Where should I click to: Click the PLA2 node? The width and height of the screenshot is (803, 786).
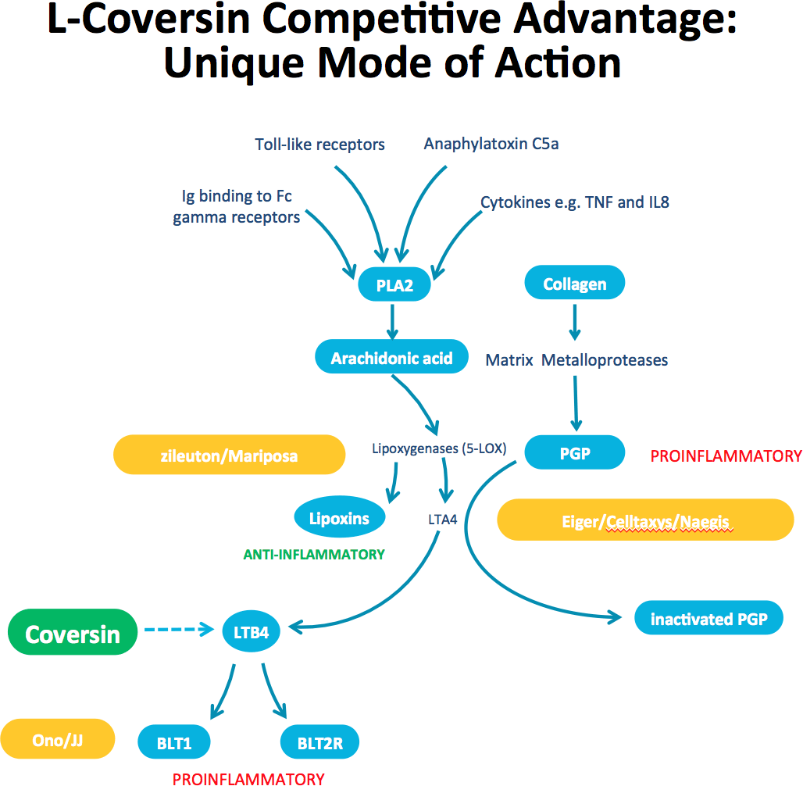click(x=394, y=284)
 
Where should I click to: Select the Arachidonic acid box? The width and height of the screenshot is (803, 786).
click(x=392, y=356)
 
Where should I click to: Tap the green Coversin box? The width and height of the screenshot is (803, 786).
click(x=73, y=632)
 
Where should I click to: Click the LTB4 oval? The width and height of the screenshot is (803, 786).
click(x=251, y=631)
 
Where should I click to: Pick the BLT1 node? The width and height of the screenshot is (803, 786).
click(x=174, y=741)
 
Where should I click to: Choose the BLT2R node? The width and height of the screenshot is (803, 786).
click(x=319, y=741)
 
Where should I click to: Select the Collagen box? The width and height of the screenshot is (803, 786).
click(x=575, y=282)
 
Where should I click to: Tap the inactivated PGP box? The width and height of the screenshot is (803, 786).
click(x=708, y=617)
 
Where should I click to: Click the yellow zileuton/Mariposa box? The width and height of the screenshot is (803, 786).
click(x=230, y=455)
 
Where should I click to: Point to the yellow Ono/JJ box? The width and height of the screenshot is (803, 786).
click(x=57, y=738)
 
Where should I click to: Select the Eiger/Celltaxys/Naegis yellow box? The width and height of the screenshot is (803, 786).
click(x=645, y=520)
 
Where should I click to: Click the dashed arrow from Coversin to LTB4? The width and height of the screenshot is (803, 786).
click(x=179, y=629)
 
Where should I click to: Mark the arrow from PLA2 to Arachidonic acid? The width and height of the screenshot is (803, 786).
click(x=392, y=322)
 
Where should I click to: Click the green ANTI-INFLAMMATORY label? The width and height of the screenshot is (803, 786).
click(x=314, y=555)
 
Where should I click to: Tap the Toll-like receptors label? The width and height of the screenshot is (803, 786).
click(x=320, y=145)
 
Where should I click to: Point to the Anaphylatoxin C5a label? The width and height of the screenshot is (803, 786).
click(x=491, y=144)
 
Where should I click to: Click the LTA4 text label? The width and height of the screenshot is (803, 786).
click(x=442, y=520)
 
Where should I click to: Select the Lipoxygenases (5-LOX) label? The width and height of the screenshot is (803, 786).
click(x=439, y=448)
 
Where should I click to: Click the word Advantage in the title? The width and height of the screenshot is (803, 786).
click(x=625, y=20)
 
